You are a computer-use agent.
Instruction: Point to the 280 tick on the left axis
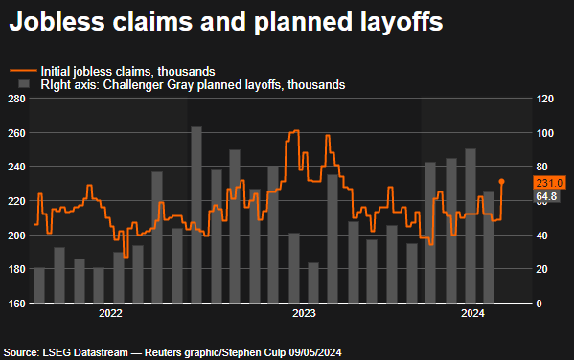[16, 99]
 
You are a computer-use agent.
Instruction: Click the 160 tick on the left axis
[16, 304]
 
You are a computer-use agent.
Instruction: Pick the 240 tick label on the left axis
[16, 167]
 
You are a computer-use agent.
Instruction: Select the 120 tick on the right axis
[545, 99]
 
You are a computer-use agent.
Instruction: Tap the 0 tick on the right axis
[540, 304]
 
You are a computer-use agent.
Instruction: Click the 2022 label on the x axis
[110, 314]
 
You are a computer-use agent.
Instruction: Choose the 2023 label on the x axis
[304, 314]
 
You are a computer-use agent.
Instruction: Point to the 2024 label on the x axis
[472, 314]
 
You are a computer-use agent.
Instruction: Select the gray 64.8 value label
[547, 196]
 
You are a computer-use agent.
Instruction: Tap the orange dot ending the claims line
[501, 181]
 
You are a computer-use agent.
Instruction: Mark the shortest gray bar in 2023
[313, 283]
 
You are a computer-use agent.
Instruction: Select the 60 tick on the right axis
[542, 201]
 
